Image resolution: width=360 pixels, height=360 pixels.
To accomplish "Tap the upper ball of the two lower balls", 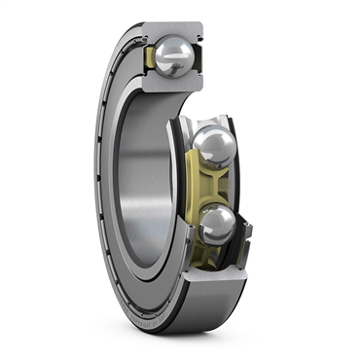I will [213, 147].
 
